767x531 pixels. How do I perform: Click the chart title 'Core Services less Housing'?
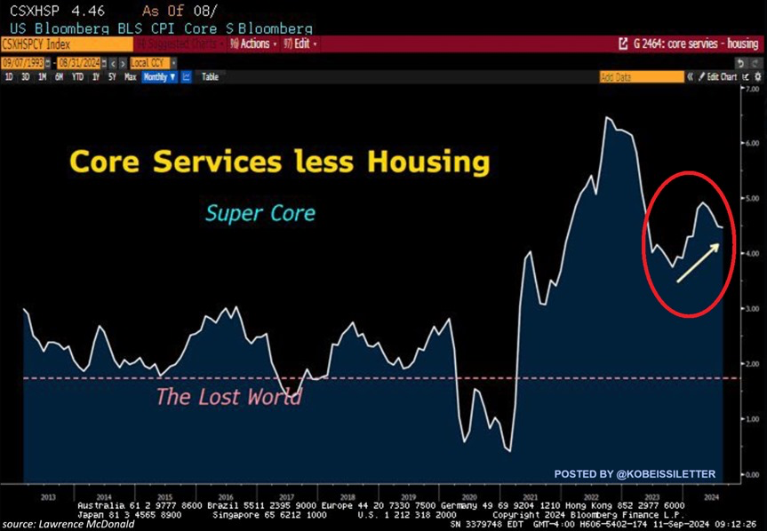[x=279, y=162]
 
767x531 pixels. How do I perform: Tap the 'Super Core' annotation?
[x=260, y=213]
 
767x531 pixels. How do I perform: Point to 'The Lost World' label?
[x=228, y=396]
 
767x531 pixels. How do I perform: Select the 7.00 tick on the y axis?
[x=751, y=90]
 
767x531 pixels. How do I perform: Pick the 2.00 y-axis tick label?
[x=751, y=364]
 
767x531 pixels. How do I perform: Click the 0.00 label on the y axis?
[x=751, y=474]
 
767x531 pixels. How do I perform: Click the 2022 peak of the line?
[x=608, y=118]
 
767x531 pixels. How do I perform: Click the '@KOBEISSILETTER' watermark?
[x=635, y=474]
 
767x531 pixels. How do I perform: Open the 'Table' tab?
[x=210, y=77]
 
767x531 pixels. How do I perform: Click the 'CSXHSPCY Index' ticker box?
[x=40, y=44]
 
